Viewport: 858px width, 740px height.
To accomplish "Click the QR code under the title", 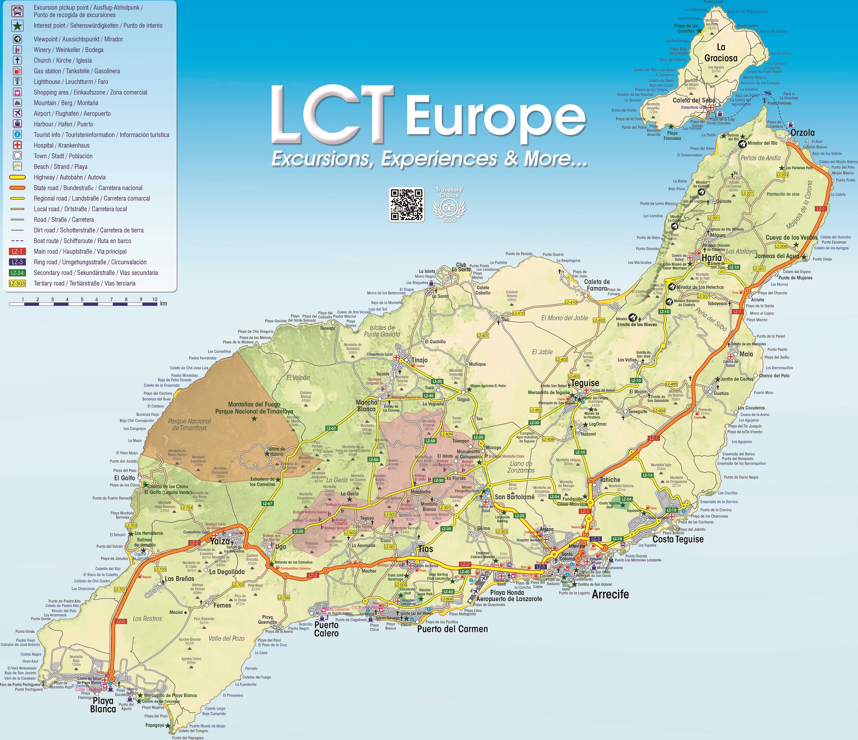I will tap(406, 204).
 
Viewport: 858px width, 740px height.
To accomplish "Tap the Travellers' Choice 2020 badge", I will tap(449, 204).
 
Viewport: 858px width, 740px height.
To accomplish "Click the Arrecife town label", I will tap(610, 594).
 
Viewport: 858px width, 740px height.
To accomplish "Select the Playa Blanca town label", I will tap(103, 705).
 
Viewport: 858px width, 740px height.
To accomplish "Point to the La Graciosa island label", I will tap(721, 53).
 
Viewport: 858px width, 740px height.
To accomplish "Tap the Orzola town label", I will tap(802, 133).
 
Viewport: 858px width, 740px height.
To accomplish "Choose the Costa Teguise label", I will tap(678, 539).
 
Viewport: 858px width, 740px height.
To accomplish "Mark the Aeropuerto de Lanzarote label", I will tap(509, 599).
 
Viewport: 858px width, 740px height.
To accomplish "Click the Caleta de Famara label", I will tap(597, 285).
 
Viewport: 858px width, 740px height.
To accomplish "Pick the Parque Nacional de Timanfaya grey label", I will tap(189, 424).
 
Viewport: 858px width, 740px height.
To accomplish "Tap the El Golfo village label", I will tap(125, 478).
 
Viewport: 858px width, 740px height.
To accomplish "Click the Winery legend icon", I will tap(18, 50).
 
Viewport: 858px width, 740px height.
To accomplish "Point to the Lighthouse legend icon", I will tap(18, 82).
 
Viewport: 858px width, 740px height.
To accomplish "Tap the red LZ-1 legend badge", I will tap(18, 251).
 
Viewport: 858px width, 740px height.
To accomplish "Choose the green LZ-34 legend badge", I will tap(18, 273).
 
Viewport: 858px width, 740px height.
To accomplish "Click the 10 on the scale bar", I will tap(154, 300).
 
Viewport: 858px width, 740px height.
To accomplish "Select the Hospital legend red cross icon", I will tap(18, 146).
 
